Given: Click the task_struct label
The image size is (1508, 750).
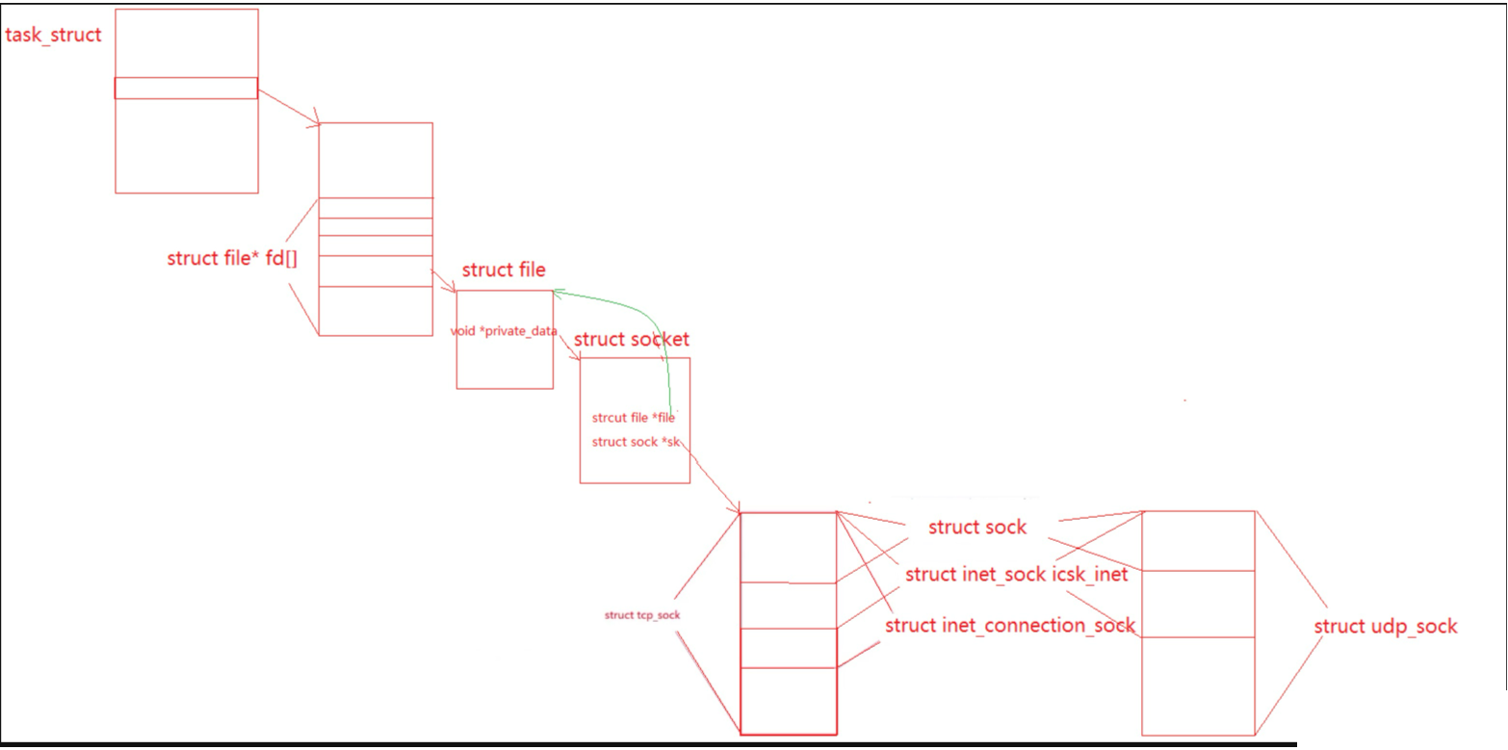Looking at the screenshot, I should click(54, 37).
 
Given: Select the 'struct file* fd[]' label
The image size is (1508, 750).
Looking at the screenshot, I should click(231, 258).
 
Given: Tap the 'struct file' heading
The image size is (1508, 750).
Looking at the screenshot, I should click(504, 271).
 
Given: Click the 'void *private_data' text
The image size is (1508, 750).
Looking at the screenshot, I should click(504, 331).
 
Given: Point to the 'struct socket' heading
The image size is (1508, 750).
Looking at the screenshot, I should click(632, 340).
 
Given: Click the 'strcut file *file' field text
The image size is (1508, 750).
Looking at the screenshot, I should click(634, 418).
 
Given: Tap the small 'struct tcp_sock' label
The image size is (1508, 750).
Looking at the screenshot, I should click(636, 614).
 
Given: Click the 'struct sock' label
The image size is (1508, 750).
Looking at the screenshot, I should click(977, 528).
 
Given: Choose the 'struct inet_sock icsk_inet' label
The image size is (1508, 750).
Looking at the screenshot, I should click(1016, 576).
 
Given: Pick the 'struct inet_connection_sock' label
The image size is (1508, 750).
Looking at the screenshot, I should click(1010, 626).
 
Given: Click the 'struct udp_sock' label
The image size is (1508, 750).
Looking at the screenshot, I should click(1386, 627).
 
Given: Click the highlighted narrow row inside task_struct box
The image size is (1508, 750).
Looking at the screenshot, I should click(186, 88).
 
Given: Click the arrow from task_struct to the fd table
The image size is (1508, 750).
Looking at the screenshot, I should click(289, 107).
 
